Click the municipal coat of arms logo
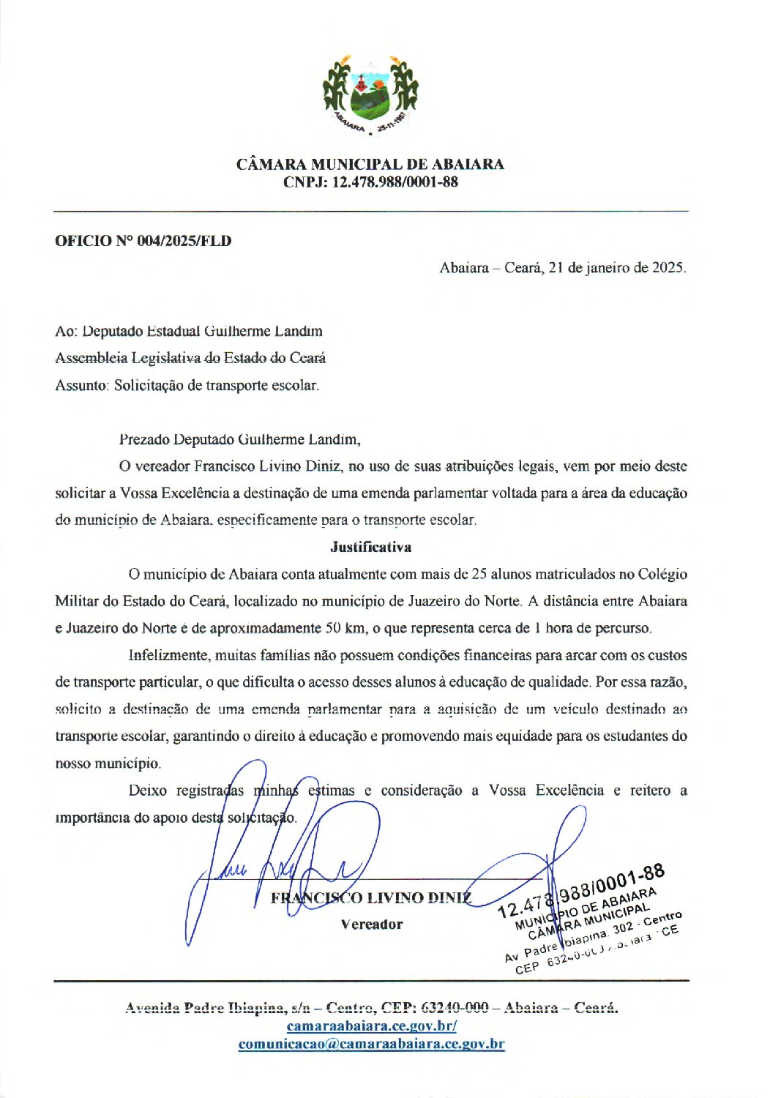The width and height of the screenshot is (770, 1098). pyautogui.click(x=370, y=94)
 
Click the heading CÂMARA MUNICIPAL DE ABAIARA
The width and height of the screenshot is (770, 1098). pyautogui.click(x=370, y=164)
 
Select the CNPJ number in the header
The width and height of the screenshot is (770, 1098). pyautogui.click(x=395, y=182)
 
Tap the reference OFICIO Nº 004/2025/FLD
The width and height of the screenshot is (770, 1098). pyautogui.click(x=143, y=241)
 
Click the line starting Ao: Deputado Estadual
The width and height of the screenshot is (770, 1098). pyautogui.click(x=188, y=331)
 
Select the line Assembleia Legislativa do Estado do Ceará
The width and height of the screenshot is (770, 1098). pyautogui.click(x=190, y=358)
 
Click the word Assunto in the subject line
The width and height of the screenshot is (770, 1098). pyautogui.click(x=81, y=385)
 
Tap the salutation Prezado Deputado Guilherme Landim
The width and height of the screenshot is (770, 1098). pyautogui.click(x=239, y=440)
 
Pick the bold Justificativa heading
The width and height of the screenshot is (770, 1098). pyautogui.click(x=370, y=547)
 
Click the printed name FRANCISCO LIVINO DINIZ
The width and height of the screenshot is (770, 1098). pyautogui.click(x=371, y=898)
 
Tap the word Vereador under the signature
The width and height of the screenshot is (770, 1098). pyautogui.click(x=371, y=925)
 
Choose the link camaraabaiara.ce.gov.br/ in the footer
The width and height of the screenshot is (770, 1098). pyautogui.click(x=371, y=1026)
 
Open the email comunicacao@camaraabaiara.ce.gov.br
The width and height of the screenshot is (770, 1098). pyautogui.click(x=371, y=1045)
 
